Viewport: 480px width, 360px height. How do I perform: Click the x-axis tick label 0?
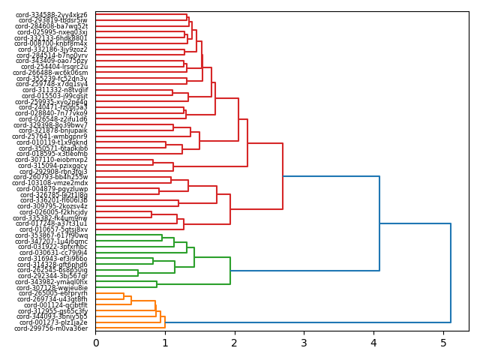coord(95,343)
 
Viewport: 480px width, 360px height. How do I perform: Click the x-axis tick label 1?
coord(165,343)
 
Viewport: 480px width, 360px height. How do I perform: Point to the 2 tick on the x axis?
coord(235,343)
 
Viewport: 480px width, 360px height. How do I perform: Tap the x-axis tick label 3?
coord(304,343)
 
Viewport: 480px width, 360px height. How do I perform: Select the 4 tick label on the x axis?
coord(373,343)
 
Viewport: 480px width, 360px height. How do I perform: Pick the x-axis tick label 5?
coord(443,343)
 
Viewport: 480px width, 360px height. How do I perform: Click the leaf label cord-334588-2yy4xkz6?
coord(52,15)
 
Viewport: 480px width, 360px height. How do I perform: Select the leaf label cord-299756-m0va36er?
coord(51,328)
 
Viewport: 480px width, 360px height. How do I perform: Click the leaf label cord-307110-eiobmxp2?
coord(52,160)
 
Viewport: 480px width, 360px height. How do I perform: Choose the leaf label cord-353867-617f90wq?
coord(52,235)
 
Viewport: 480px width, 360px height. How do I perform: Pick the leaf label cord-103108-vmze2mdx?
coord(51,183)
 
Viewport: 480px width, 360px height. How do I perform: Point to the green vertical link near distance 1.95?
coord(230,271)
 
